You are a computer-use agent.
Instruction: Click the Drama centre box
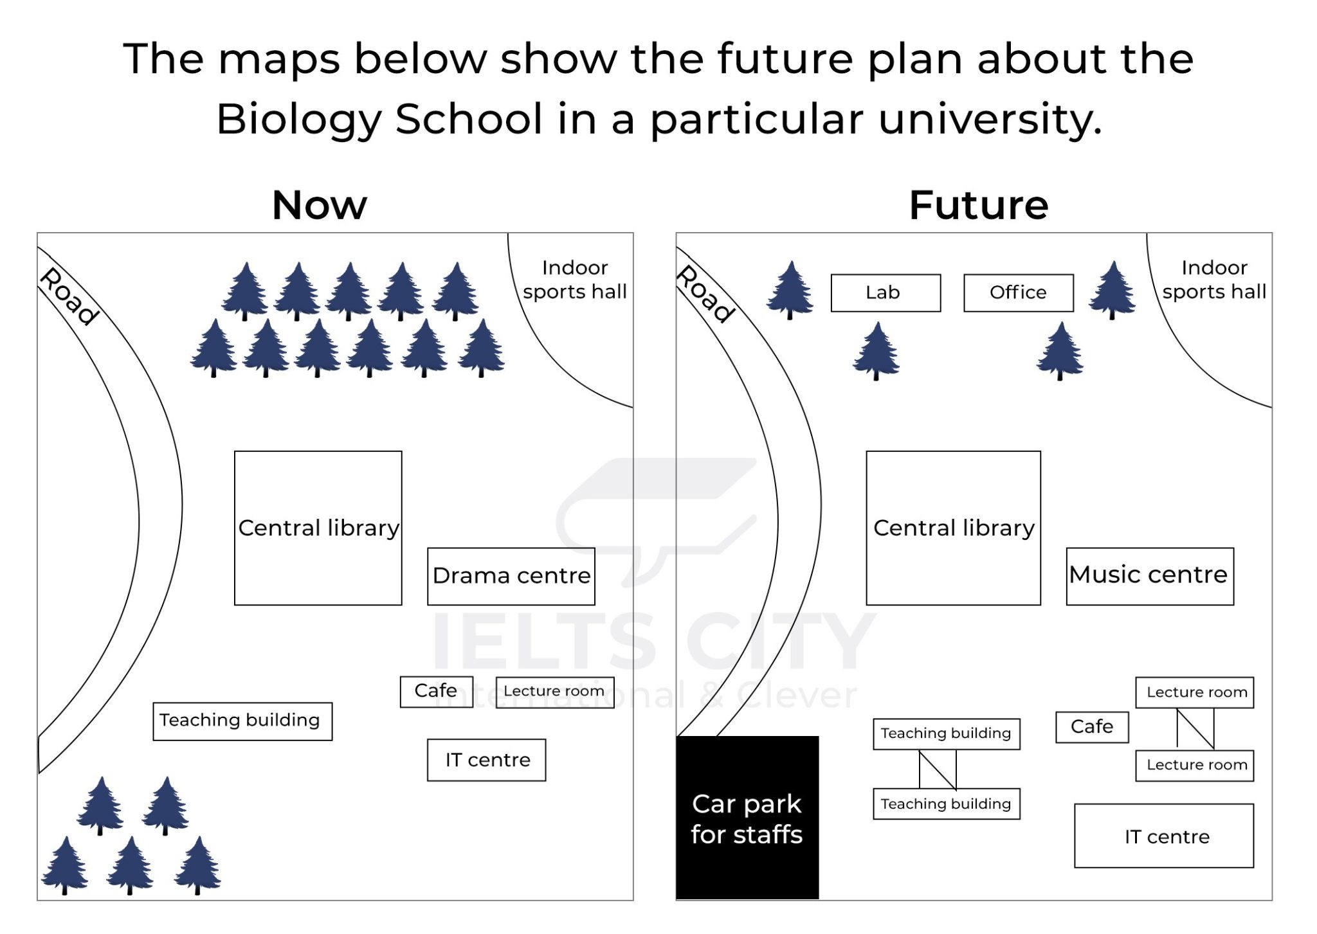(511, 576)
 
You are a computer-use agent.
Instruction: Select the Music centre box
(1149, 576)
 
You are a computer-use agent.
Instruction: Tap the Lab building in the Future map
(886, 293)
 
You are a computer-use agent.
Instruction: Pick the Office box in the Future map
(1018, 293)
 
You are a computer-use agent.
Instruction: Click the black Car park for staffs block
(747, 817)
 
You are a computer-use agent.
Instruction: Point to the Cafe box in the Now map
(436, 692)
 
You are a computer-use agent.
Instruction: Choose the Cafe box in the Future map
(1092, 727)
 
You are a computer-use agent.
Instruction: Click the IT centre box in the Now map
(486, 760)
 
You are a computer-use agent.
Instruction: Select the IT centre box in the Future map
(1164, 836)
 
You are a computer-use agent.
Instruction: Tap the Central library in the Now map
(318, 528)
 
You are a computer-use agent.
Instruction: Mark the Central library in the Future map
(953, 528)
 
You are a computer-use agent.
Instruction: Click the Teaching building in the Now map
(242, 721)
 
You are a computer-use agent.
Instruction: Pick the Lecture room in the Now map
(554, 692)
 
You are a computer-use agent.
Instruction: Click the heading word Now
(320, 205)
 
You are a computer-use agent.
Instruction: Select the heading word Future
(979, 205)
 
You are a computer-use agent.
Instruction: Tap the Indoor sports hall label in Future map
(1214, 280)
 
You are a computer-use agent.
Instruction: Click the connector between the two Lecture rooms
(1195, 729)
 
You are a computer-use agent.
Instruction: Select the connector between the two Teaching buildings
(938, 769)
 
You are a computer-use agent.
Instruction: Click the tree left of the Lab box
(790, 290)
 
